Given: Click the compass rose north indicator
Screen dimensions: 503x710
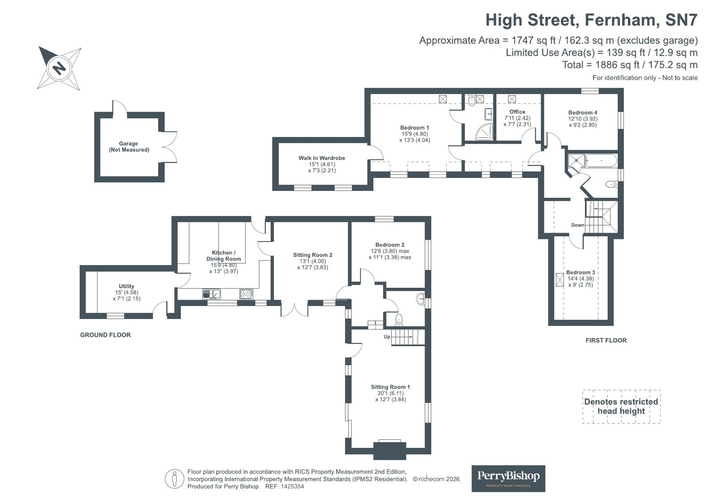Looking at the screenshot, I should tap(59, 68).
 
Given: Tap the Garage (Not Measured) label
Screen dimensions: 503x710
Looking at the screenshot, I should tap(129, 147).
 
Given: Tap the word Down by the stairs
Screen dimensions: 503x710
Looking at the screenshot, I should tap(577, 225).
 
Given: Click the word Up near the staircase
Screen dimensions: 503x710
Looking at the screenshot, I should tap(387, 337).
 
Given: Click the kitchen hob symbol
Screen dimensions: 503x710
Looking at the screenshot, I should tap(246, 294).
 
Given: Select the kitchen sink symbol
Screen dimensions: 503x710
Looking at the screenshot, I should tap(212, 294).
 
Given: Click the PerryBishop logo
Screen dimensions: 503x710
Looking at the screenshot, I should tap(508, 478).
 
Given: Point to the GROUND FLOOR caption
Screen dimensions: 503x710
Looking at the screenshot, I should tap(105, 335).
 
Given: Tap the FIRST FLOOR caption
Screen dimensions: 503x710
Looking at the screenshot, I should tap(606, 340).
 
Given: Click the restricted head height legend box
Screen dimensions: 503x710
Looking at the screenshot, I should tap(621, 406).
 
